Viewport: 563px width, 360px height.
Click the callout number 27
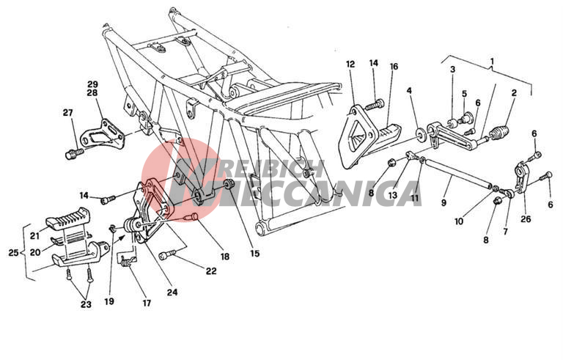click(x=67, y=113)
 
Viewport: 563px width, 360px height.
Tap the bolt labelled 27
click(x=74, y=153)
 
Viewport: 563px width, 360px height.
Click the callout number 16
click(x=394, y=67)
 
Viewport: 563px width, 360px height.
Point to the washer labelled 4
click(x=420, y=134)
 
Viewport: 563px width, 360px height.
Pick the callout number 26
click(x=526, y=218)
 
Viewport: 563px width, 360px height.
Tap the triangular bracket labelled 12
click(x=357, y=136)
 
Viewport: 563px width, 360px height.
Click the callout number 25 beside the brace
click(x=13, y=252)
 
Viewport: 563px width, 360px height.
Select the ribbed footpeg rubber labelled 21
click(x=68, y=218)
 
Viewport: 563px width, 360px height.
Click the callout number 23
click(x=86, y=304)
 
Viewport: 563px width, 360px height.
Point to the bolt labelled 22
click(x=167, y=255)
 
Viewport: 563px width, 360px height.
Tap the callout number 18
click(x=225, y=257)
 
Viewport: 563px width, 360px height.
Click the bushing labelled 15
click(x=229, y=184)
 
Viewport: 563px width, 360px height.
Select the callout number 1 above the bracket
click(x=492, y=61)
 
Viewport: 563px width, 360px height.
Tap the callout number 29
click(x=92, y=85)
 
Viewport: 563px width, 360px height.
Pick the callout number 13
click(x=392, y=195)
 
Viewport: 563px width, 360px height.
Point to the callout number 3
click(x=452, y=70)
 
